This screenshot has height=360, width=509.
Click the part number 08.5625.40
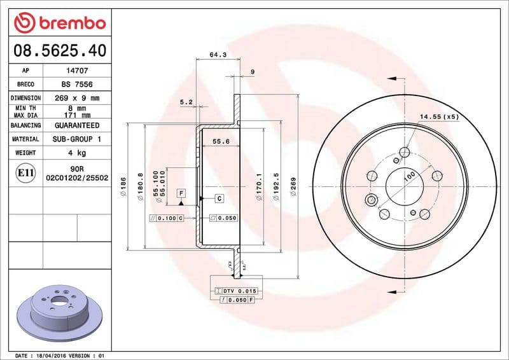tap(58, 49)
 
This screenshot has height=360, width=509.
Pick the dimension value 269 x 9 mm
tap(77, 99)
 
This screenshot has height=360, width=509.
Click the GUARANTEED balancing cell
tap(77, 125)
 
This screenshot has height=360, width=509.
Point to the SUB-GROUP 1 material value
tap(77, 139)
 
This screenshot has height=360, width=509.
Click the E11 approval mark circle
tap(25, 172)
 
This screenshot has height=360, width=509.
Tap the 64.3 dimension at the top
tap(218, 55)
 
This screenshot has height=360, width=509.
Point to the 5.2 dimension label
tap(186, 102)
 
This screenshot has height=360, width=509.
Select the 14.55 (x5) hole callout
tap(438, 117)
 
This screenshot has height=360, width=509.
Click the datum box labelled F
tap(181, 192)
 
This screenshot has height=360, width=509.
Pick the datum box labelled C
tap(218, 198)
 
